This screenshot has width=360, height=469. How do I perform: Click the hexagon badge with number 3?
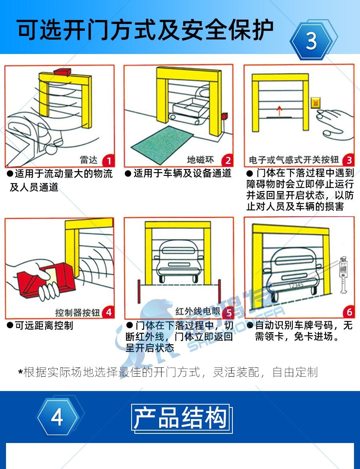pos(311,41)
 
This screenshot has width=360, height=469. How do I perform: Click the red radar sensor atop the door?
pos(62,72)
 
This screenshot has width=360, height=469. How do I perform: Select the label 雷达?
pos(88,160)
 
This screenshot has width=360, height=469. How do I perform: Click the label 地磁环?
pos(200,160)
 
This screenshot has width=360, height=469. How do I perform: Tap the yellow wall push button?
pos(316,103)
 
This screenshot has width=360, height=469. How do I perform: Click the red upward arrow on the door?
pos(279,110)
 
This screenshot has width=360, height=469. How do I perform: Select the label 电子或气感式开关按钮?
pos(294,160)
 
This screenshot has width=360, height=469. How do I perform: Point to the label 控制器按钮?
pos(78,313)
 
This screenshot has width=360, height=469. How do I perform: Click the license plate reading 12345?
pos(296,285)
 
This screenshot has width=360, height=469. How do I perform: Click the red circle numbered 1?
pos(108,161)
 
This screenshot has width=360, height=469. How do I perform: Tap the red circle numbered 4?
pos(108,313)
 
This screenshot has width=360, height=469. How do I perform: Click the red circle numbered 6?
pos(349,312)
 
